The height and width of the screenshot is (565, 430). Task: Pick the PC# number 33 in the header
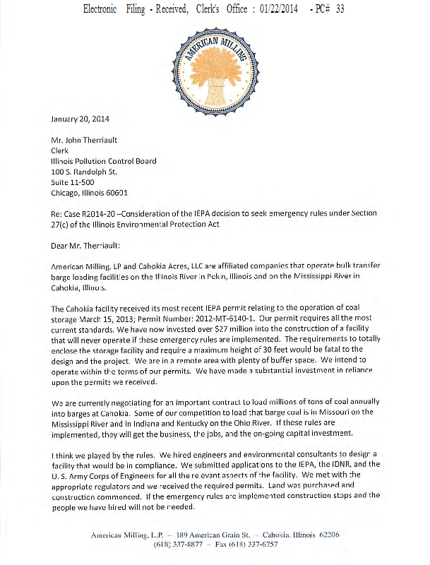click(340, 9)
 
